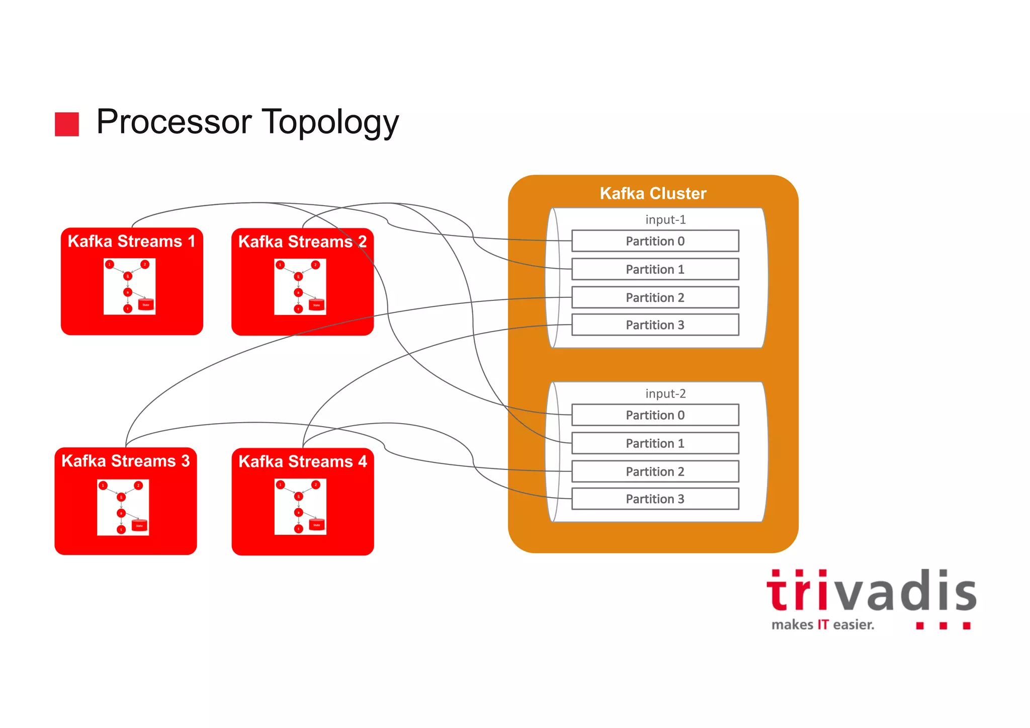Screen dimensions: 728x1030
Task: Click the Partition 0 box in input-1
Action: coord(655,241)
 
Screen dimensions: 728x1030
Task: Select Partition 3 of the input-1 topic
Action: coord(655,325)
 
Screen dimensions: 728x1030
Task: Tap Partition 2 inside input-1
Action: coord(655,297)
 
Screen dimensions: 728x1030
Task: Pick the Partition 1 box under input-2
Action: coord(655,443)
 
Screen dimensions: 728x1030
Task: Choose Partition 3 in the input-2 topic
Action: coord(655,499)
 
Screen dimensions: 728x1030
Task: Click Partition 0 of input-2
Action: coord(655,415)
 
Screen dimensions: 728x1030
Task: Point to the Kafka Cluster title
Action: coord(653,193)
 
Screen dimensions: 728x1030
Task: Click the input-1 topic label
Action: coord(665,220)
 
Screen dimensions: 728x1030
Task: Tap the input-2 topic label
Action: coord(665,393)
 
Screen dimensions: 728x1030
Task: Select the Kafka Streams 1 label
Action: coord(131,241)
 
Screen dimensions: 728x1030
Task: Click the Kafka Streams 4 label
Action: coord(303,461)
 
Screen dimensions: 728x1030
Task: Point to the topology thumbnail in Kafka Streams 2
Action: coord(300,287)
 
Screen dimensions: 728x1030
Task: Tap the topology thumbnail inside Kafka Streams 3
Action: coord(123,507)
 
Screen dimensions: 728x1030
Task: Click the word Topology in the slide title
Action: coord(330,122)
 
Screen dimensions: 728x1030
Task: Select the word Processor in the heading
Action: coord(174,122)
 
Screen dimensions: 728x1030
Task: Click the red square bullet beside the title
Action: coord(67,124)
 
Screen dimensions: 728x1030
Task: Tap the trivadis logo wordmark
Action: coord(871,592)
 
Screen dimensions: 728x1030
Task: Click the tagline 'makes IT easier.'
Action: coord(823,625)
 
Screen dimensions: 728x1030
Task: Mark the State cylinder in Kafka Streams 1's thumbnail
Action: coord(146,304)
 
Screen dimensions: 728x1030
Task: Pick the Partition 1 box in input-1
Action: coord(655,269)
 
